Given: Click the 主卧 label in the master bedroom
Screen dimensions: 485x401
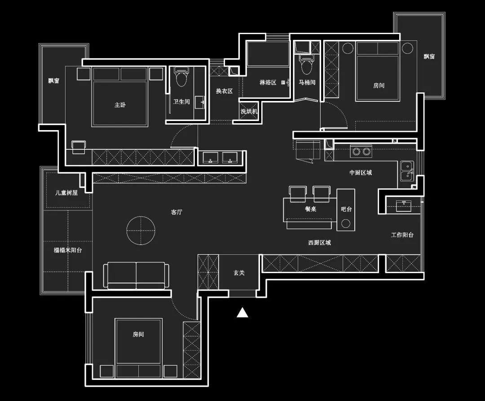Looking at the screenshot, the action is [120, 105].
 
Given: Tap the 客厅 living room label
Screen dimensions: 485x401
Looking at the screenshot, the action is [176, 212].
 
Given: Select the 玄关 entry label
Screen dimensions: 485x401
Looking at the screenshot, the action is [239, 273].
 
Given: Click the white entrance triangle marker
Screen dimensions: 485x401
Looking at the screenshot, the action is [242, 313].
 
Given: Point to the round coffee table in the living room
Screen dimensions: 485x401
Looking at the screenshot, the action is [141, 231].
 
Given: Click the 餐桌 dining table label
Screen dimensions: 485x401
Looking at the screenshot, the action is [311, 209].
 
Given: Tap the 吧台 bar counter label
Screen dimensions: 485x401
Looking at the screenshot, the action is [346, 209].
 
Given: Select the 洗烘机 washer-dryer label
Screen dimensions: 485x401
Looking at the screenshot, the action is [249, 111].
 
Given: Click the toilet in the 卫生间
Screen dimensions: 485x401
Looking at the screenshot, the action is [181, 77].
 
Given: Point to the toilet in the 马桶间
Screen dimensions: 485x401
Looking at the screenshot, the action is [307, 65].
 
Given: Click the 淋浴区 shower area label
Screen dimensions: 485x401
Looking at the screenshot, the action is [268, 83].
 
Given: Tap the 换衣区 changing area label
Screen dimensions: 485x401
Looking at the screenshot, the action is [224, 91].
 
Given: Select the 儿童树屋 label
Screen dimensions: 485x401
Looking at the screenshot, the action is [66, 193].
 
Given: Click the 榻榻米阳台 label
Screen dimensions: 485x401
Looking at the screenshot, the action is [68, 250].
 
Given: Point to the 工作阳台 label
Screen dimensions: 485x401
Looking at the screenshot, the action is [402, 235].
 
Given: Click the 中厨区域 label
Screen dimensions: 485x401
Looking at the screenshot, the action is [361, 172].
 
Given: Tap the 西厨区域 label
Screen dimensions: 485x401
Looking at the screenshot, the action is [320, 243].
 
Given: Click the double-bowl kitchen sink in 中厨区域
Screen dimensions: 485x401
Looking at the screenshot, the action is [407, 171].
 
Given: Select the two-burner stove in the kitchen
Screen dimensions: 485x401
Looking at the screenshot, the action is [361, 151].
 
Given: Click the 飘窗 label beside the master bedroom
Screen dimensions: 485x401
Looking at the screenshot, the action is [53, 81].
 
